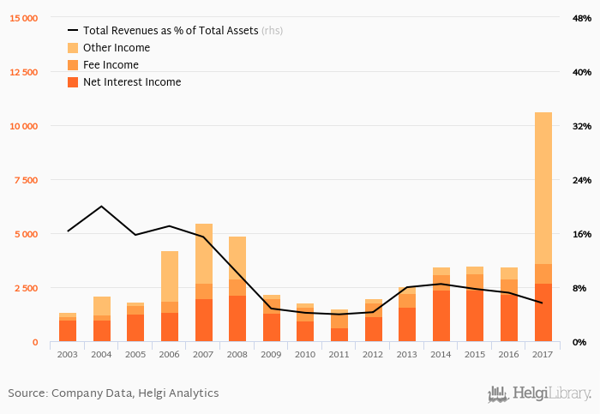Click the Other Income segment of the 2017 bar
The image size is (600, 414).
tap(543, 189)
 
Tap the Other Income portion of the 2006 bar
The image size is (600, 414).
tap(170, 276)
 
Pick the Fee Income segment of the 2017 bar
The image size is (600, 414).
tap(543, 273)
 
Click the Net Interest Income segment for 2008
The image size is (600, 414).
tap(237, 319)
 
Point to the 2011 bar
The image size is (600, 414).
tap(339, 327)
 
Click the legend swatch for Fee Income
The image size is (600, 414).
tap(73, 65)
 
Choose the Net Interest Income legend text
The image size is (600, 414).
tap(132, 82)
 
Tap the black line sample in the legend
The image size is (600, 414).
tap(73, 31)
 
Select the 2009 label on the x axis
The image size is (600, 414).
tap(272, 354)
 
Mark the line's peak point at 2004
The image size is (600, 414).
tap(102, 207)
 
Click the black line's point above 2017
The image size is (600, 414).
tap(543, 303)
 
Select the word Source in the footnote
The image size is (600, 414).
tap(27, 393)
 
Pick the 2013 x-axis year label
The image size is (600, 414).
tap(407, 354)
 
